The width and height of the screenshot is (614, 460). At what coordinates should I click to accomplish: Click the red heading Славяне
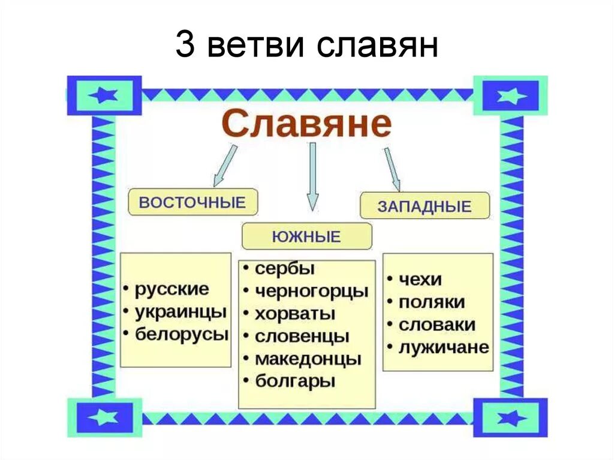click(x=306, y=124)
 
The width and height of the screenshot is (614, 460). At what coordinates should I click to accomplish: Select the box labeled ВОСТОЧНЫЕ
click(x=192, y=202)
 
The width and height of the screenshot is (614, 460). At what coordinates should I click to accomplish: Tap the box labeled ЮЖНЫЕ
click(x=306, y=236)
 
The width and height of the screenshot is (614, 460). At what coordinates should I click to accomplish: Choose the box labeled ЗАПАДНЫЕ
click(x=425, y=206)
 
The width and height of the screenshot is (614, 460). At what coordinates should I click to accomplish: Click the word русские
click(x=171, y=289)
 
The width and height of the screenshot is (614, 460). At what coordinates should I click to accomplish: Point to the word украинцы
click(x=180, y=312)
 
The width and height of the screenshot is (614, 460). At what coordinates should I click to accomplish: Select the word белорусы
click(x=182, y=334)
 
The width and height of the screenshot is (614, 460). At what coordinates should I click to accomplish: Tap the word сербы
click(x=285, y=268)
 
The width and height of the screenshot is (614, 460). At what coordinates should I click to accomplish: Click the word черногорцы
click(x=311, y=291)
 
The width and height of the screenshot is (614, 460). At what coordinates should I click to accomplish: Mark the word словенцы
click(x=302, y=336)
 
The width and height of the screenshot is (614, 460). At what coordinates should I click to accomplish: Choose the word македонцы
click(x=308, y=359)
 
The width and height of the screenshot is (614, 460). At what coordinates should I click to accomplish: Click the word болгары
click(x=295, y=381)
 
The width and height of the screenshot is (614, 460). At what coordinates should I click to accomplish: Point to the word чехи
click(x=420, y=279)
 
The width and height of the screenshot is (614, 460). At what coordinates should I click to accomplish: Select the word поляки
click(x=431, y=302)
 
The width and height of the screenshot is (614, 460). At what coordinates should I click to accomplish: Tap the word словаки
click(x=437, y=324)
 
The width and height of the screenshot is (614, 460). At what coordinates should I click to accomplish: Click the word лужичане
click(x=444, y=347)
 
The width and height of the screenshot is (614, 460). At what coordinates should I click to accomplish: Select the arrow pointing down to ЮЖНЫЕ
click(x=312, y=177)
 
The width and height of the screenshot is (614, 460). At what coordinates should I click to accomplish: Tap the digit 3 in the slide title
click(x=185, y=46)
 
